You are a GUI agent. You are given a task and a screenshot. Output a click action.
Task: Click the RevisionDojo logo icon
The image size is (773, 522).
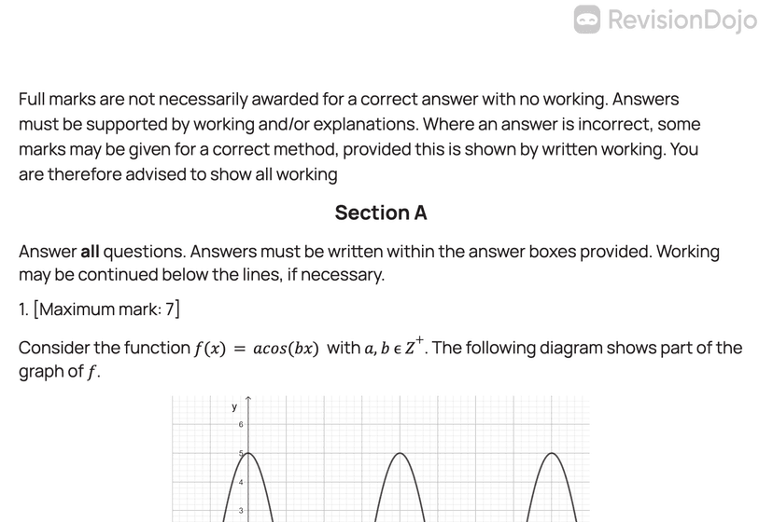click(x=587, y=19)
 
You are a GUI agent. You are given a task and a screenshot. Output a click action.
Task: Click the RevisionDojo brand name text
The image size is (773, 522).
click(x=682, y=20)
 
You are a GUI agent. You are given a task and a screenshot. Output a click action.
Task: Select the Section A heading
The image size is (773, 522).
click(x=381, y=213)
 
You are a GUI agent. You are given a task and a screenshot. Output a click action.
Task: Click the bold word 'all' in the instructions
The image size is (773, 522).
click(x=90, y=252)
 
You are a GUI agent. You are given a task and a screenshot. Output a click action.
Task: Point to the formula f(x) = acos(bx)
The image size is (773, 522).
click(x=257, y=349)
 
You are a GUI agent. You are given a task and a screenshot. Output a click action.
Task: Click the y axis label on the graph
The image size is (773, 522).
click(x=234, y=407)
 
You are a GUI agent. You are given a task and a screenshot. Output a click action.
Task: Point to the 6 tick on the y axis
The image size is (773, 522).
click(x=241, y=425)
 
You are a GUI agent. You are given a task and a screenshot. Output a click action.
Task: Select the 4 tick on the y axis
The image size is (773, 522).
click(x=241, y=482)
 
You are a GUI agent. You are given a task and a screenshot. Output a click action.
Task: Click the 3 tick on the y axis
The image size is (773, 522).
click(x=241, y=511)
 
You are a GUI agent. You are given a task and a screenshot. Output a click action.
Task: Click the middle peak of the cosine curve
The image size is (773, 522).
click(x=401, y=453)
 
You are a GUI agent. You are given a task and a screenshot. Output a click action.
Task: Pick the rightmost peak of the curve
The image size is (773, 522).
click(x=554, y=453)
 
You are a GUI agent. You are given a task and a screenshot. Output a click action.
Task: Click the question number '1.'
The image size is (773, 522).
click(x=24, y=309)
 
